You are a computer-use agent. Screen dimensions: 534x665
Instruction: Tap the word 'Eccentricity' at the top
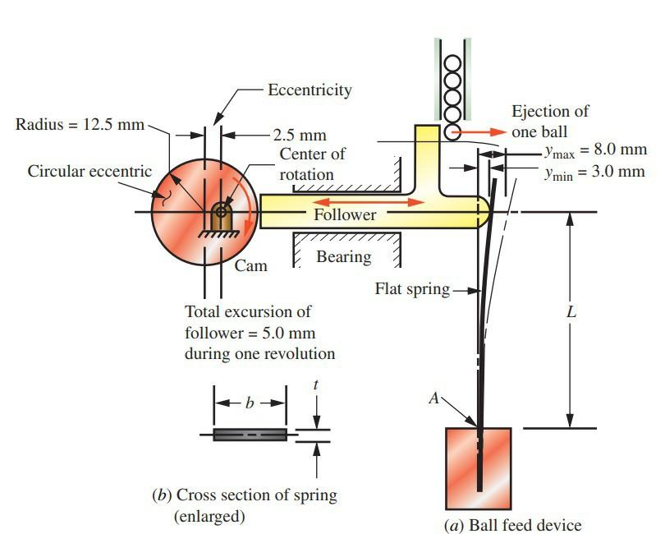click(x=310, y=90)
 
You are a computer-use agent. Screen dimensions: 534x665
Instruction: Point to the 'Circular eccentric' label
click(x=89, y=172)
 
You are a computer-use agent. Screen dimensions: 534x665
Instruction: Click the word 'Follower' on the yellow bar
click(x=345, y=214)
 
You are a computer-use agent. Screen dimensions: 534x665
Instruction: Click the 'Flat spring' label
click(x=412, y=288)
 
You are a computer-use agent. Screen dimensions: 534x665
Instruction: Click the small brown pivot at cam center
click(x=220, y=215)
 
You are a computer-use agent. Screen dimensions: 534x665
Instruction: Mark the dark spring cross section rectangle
click(x=250, y=435)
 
